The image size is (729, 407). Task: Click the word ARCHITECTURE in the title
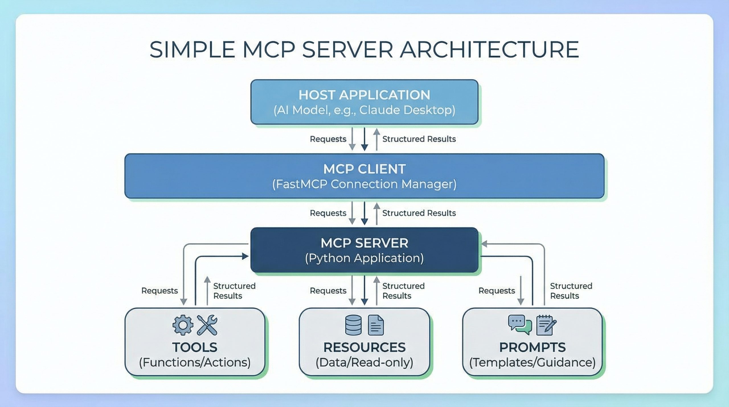(489, 50)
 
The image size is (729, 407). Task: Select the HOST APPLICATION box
(364, 102)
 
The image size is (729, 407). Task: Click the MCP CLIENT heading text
(364, 169)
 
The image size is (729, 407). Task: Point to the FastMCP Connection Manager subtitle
(364, 184)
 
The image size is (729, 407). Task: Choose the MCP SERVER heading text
(364, 243)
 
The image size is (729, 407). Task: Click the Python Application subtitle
(364, 258)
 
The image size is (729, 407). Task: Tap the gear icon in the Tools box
(183, 325)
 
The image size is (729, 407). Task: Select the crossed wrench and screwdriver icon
(207, 325)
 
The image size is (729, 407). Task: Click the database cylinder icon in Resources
(353, 325)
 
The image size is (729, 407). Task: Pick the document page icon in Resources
(376, 325)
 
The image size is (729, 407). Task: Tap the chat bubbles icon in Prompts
(520, 324)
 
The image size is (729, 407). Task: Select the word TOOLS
(195, 347)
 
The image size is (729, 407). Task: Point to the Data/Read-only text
(364, 363)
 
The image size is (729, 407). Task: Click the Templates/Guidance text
(532, 363)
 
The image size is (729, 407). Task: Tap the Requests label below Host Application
(328, 139)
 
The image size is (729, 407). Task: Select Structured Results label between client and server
(419, 213)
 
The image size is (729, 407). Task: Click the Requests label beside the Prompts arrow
(497, 291)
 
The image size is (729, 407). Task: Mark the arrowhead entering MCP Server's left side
(245, 256)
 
